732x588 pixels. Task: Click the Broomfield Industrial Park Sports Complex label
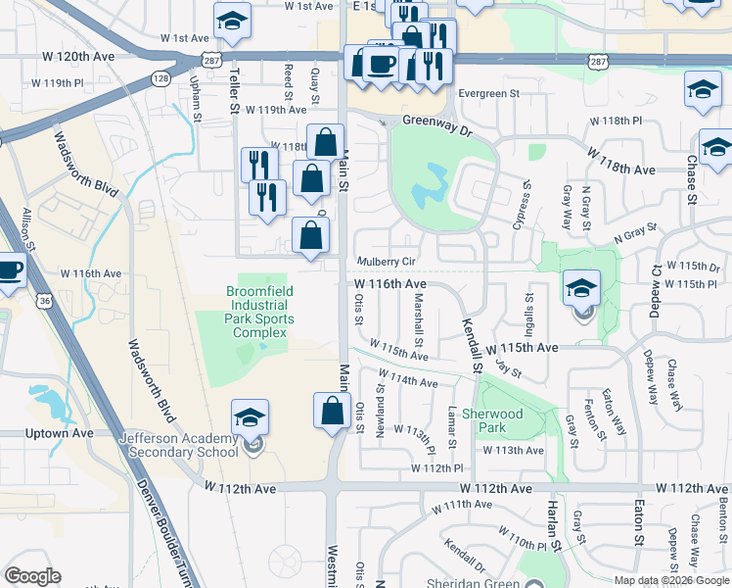click(x=260, y=312)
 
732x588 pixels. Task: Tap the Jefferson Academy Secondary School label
click(x=178, y=445)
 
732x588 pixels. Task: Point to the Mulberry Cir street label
click(x=387, y=263)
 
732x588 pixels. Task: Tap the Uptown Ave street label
click(x=62, y=433)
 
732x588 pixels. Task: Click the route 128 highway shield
click(x=160, y=76)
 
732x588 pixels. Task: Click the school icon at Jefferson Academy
click(x=250, y=416)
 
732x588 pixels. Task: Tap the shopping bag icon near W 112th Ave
click(x=332, y=410)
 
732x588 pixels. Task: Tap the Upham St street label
click(x=196, y=99)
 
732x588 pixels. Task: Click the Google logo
click(x=32, y=576)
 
